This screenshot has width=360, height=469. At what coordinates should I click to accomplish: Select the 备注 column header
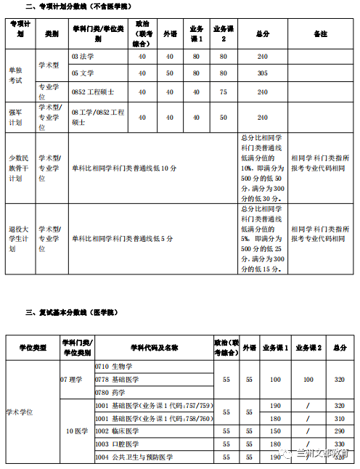click(319, 34)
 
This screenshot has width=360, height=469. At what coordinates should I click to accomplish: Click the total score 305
click(262, 73)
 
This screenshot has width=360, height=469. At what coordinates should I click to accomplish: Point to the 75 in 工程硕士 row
click(223, 91)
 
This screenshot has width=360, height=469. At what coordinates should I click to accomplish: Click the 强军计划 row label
click(15, 117)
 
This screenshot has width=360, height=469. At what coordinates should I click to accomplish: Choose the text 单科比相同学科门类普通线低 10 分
click(124, 168)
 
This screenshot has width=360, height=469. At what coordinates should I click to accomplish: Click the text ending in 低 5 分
click(123, 238)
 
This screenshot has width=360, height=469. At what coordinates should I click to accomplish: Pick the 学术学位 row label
click(20, 412)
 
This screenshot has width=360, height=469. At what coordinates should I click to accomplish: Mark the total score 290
click(340, 431)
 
